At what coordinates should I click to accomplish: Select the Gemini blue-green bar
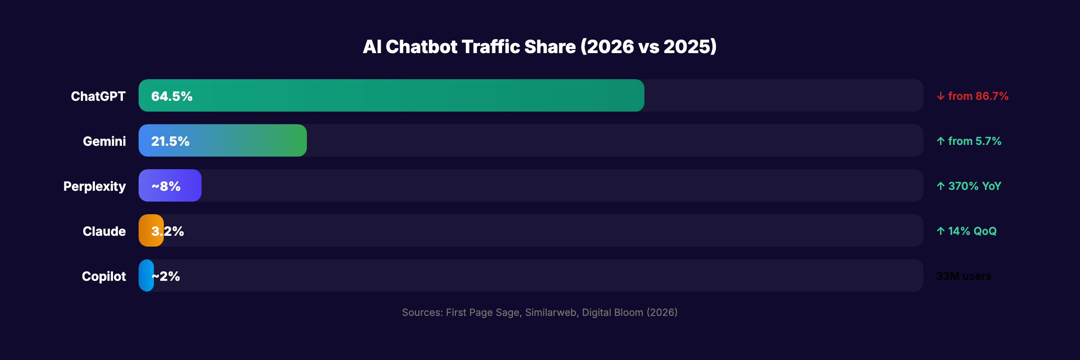pyautogui.click(x=247, y=140)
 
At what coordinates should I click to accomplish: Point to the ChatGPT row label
pyautogui.click(x=98, y=96)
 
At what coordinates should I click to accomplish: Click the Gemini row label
pyautogui.click(x=104, y=141)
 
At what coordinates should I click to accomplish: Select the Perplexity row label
pyautogui.click(x=94, y=186)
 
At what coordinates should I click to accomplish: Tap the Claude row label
pyautogui.click(x=104, y=231)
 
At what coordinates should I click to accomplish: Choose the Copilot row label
pyautogui.click(x=104, y=276)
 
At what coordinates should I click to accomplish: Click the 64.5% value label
pyautogui.click(x=171, y=96)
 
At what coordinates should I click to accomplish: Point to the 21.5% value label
pyautogui.click(x=170, y=141)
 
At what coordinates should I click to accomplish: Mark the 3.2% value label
pyautogui.click(x=167, y=231)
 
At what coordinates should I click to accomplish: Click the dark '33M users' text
pyautogui.click(x=963, y=276)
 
